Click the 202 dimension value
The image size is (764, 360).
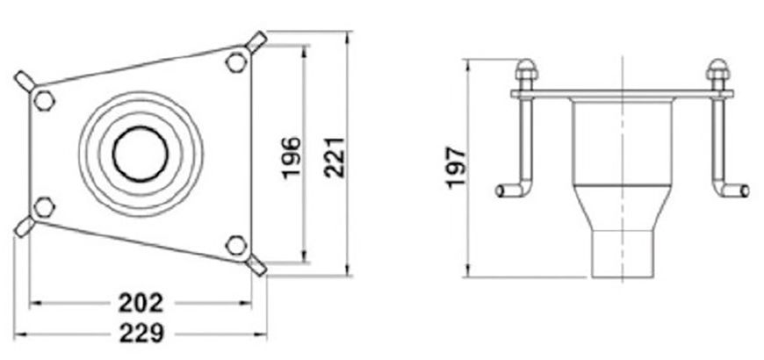141,304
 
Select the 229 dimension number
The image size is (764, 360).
141,334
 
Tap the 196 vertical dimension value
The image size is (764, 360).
292,158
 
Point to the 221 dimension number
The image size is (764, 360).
335,158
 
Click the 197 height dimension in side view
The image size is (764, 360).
457,167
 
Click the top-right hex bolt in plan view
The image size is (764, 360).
236,62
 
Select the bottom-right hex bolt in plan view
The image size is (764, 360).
236,245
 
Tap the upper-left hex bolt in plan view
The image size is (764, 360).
44,101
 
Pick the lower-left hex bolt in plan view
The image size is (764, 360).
44,207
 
